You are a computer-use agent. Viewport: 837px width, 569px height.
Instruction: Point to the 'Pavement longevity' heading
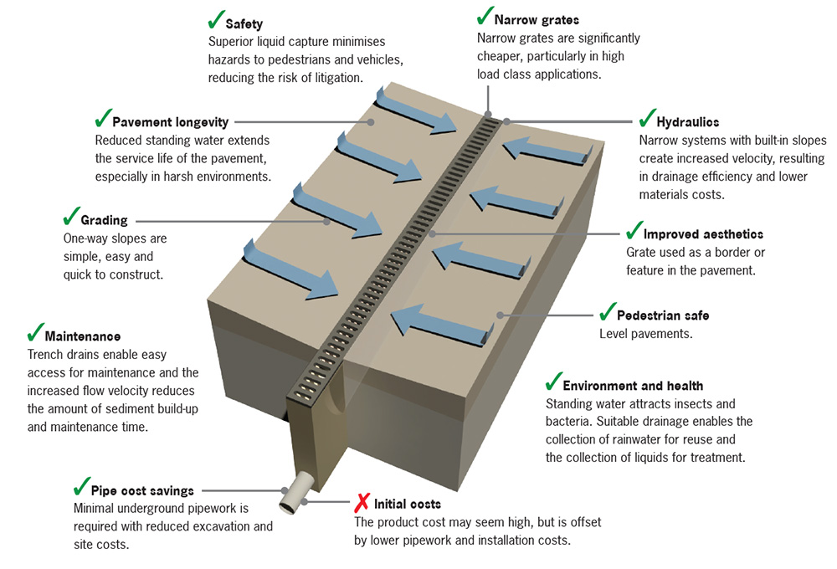[170, 121]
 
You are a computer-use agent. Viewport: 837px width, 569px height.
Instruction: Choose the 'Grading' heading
[104, 220]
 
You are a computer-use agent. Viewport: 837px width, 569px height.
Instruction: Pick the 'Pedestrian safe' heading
[663, 315]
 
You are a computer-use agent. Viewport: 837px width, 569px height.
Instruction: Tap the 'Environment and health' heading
[633, 386]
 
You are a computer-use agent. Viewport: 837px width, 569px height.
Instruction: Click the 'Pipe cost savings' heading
[147, 490]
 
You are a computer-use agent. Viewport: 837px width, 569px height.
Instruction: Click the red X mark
[362, 502]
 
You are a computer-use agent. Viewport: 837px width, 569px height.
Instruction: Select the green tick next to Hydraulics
[647, 118]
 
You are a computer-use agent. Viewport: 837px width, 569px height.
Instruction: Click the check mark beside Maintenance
[35, 333]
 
